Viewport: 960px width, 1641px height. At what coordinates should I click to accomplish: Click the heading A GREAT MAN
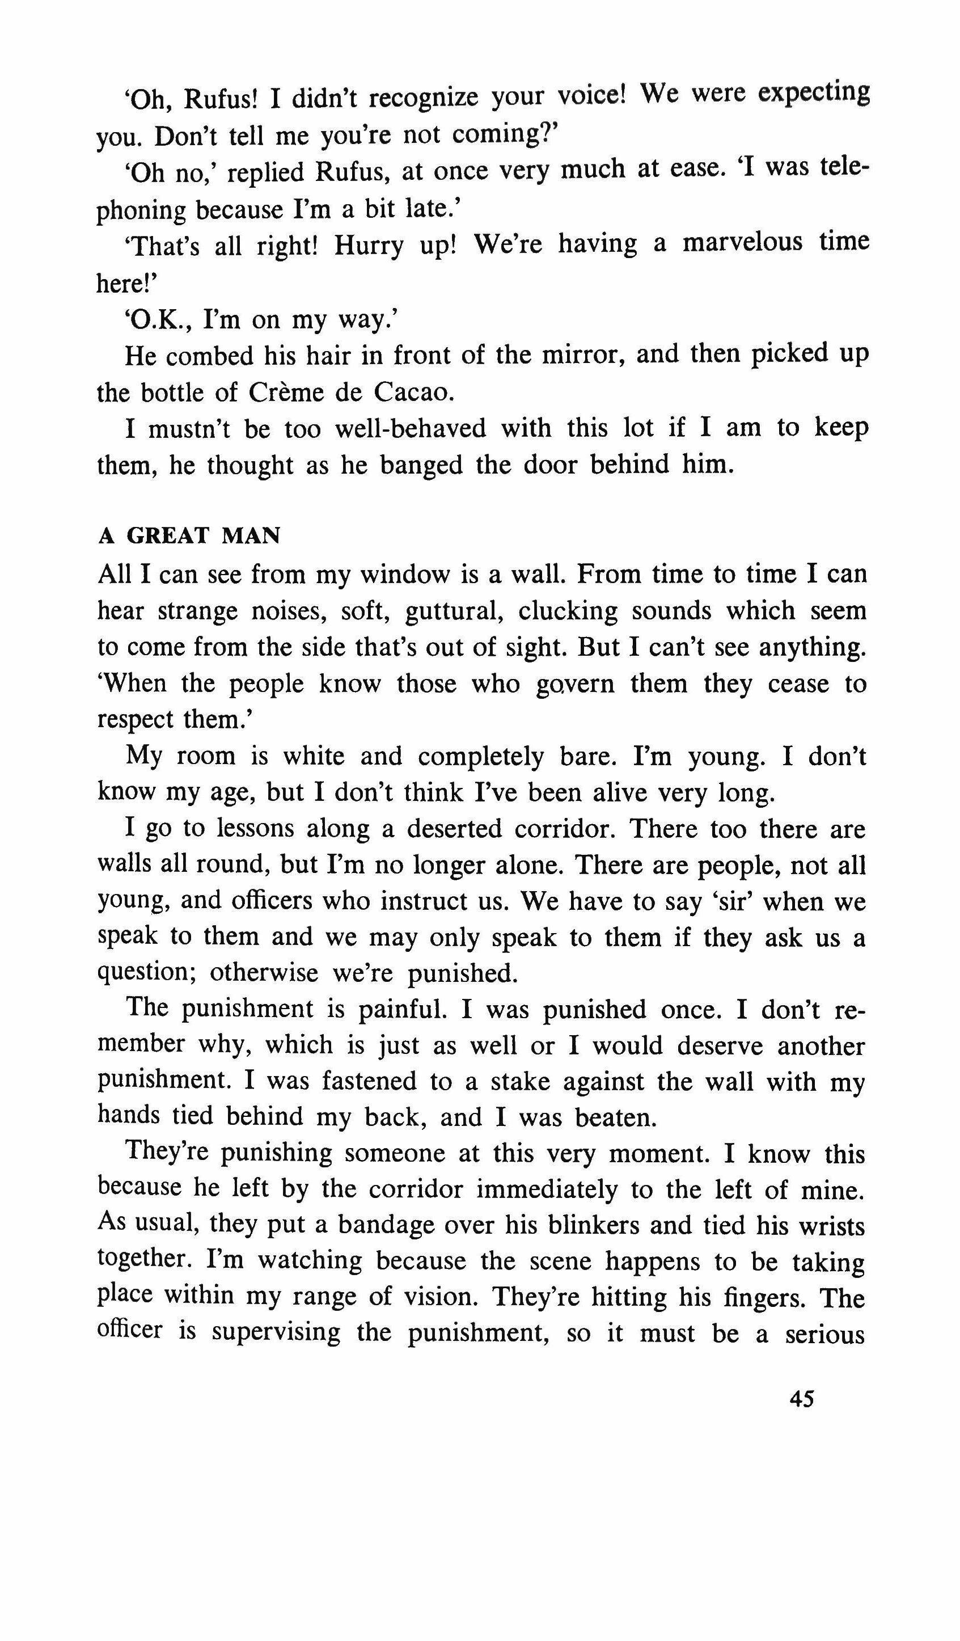189,535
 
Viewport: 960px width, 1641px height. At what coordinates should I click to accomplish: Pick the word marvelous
743,243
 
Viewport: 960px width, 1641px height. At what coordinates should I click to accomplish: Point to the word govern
576,685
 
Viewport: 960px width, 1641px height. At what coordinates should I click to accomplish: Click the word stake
519,1082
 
